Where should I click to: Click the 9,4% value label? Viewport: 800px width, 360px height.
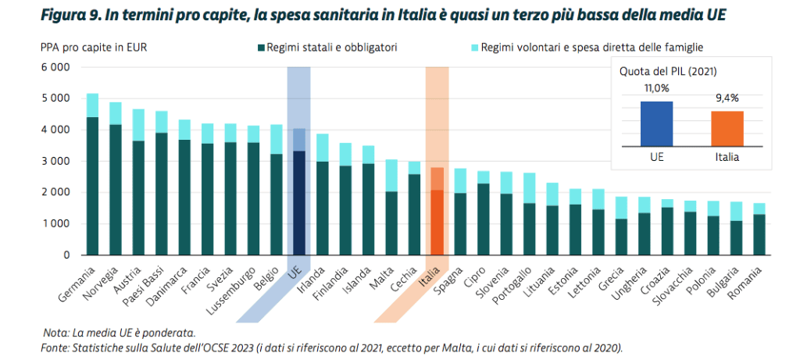727,98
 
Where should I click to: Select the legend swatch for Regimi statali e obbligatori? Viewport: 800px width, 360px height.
260,48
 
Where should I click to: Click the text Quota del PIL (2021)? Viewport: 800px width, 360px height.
669,70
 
